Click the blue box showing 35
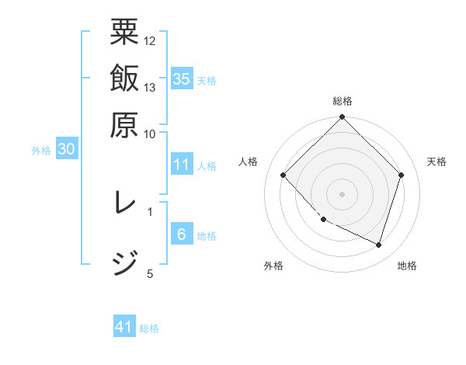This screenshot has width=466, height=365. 182,79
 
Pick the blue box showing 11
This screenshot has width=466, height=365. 182,165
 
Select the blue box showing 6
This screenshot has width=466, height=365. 182,235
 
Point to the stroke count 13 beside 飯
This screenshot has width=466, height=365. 150,87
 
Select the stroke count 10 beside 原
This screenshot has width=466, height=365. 150,134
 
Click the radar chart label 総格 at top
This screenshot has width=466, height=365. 343,102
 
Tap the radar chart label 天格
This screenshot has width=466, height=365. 437,162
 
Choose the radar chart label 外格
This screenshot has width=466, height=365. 273,266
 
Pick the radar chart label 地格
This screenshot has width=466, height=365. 407,266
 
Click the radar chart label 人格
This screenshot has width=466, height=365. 249,162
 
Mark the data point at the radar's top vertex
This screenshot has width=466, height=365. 343,118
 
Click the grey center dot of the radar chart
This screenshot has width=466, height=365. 343,193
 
